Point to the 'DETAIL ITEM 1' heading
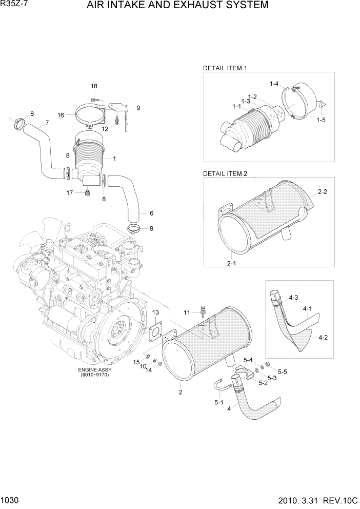click(225, 68)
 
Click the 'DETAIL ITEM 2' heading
click(225, 173)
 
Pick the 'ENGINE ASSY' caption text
click(95, 369)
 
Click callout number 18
click(94, 86)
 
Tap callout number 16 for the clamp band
click(61, 115)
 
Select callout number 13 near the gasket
click(155, 312)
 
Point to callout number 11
click(187, 312)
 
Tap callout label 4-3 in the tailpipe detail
click(293, 297)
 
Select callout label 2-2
click(323, 192)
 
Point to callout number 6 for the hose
click(151, 213)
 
